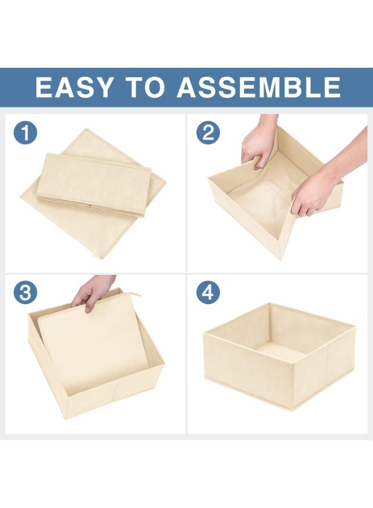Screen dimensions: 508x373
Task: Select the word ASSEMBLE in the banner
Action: (259, 87)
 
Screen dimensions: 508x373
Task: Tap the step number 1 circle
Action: (25, 133)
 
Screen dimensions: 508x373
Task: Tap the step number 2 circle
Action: (209, 133)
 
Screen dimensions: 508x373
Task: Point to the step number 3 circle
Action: (25, 292)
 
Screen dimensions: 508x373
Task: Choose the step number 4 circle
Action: (209, 292)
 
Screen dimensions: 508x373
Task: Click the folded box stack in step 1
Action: (93, 184)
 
